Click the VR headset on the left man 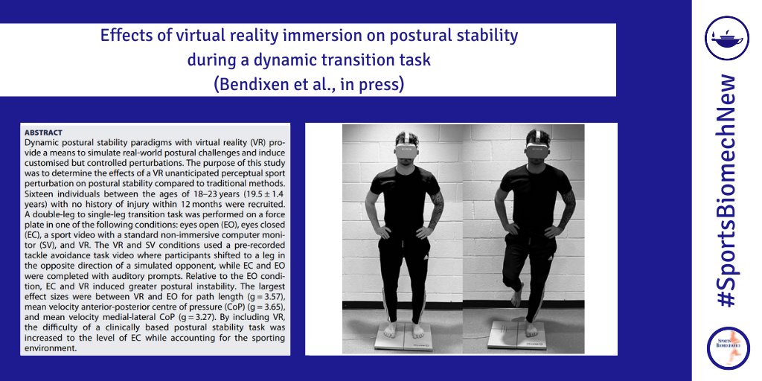pyautogui.click(x=406, y=149)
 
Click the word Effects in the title pyautogui.click(x=120, y=35)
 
